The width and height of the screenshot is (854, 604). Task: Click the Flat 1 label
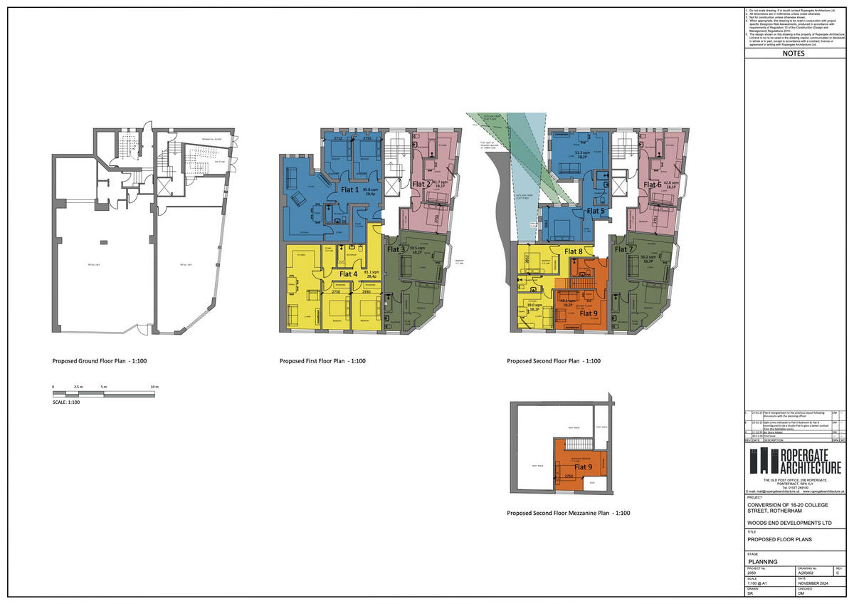pos(350,190)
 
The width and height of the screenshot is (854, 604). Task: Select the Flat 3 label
pos(396,249)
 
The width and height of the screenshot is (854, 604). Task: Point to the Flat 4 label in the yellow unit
pos(349,274)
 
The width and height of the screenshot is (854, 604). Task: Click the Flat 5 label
pos(595,211)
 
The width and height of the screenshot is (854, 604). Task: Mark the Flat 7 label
pos(623,249)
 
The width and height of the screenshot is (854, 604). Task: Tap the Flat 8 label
pos(574,251)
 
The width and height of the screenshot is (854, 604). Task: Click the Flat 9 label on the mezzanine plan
pos(584,467)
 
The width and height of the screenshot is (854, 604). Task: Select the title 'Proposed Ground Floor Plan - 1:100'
pos(100,361)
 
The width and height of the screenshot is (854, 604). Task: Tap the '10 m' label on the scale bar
pos(154,387)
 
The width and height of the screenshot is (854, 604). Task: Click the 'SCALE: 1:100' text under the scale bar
pos(66,402)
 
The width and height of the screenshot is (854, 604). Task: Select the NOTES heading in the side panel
pos(794,53)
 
